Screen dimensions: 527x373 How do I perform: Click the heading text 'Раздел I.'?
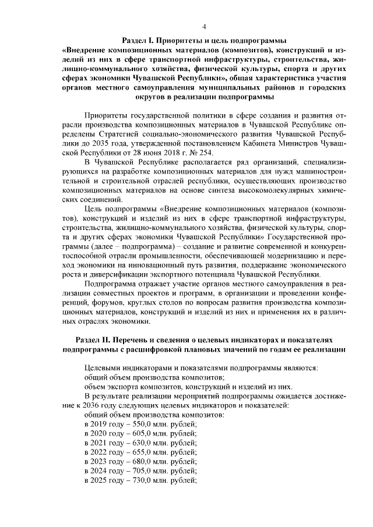point(140,40)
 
